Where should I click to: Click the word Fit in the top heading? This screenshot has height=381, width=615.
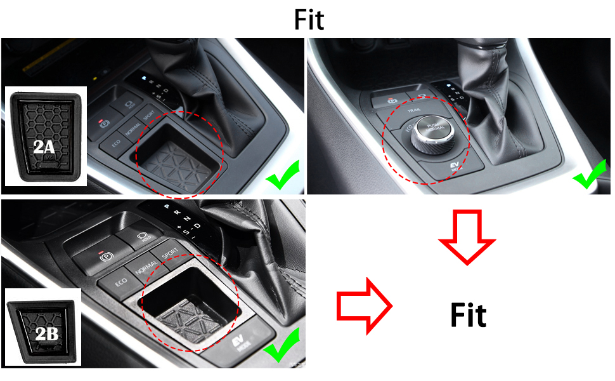(308, 20)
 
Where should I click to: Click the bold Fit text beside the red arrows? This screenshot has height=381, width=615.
(468, 315)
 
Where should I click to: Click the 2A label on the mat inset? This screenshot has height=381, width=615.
(45, 148)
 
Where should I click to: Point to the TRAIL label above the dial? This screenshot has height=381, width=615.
(415, 109)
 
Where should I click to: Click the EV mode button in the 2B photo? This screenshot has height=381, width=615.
(243, 343)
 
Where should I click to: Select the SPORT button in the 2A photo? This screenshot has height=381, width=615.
(150, 117)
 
